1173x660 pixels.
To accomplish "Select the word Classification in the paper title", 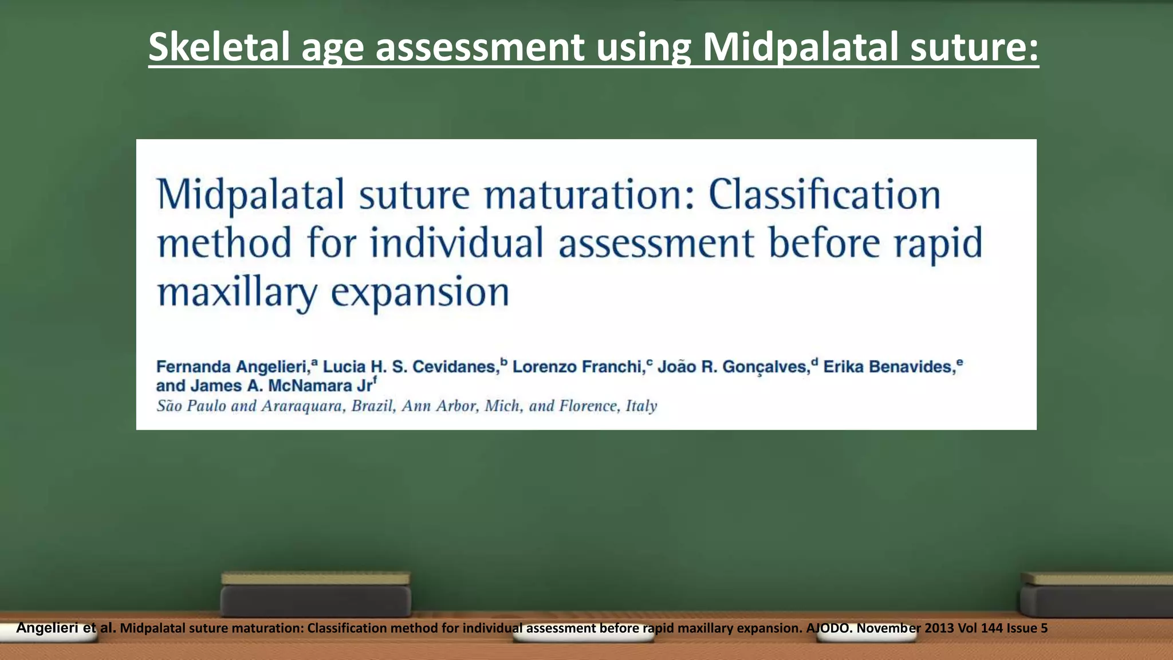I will point(824,195).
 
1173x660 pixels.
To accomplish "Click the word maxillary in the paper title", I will point(237,292).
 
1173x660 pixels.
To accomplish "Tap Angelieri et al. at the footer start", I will point(66,628).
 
